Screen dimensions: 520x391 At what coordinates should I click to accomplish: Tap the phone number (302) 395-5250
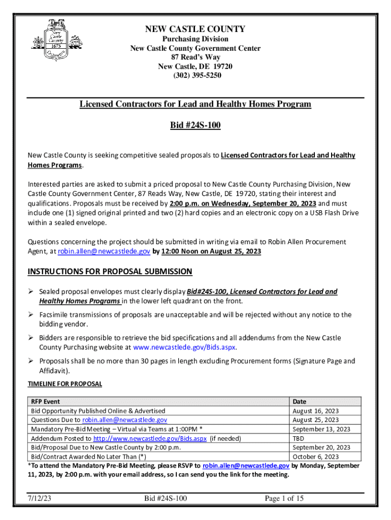coord(195,76)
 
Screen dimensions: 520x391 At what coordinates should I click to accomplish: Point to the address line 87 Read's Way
coord(195,57)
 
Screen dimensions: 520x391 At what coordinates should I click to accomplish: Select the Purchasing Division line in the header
coord(195,39)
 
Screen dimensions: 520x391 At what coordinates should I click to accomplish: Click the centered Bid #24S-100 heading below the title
coord(195,125)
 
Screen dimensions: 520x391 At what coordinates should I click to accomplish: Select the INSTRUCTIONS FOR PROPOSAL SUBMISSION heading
coord(110,272)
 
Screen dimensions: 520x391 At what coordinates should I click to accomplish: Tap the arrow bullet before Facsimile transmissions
coord(31,315)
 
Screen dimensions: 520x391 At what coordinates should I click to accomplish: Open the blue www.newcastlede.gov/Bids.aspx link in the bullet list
coord(184,347)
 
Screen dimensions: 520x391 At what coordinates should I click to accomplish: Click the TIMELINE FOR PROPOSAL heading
coord(64,384)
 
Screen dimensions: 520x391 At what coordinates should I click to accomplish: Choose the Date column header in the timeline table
coord(300,402)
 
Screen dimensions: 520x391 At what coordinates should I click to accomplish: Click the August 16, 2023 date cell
coord(316,411)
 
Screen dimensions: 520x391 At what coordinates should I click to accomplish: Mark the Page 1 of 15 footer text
coord(284,498)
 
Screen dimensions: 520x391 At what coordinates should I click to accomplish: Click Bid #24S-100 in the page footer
coord(166,498)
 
